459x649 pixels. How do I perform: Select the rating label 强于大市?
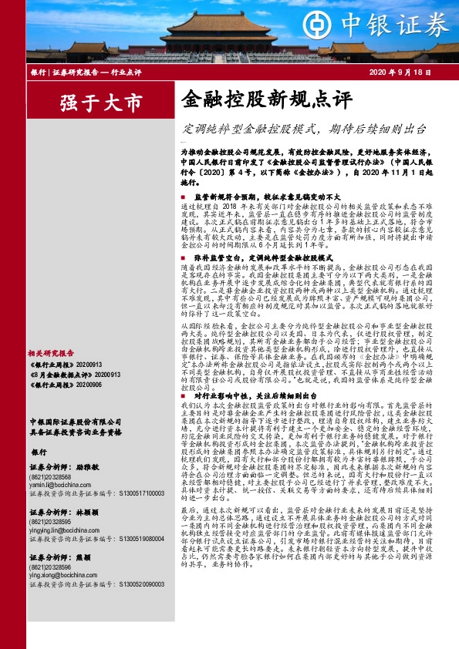coord(91,102)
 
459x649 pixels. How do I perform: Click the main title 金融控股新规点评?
coord(266,99)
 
